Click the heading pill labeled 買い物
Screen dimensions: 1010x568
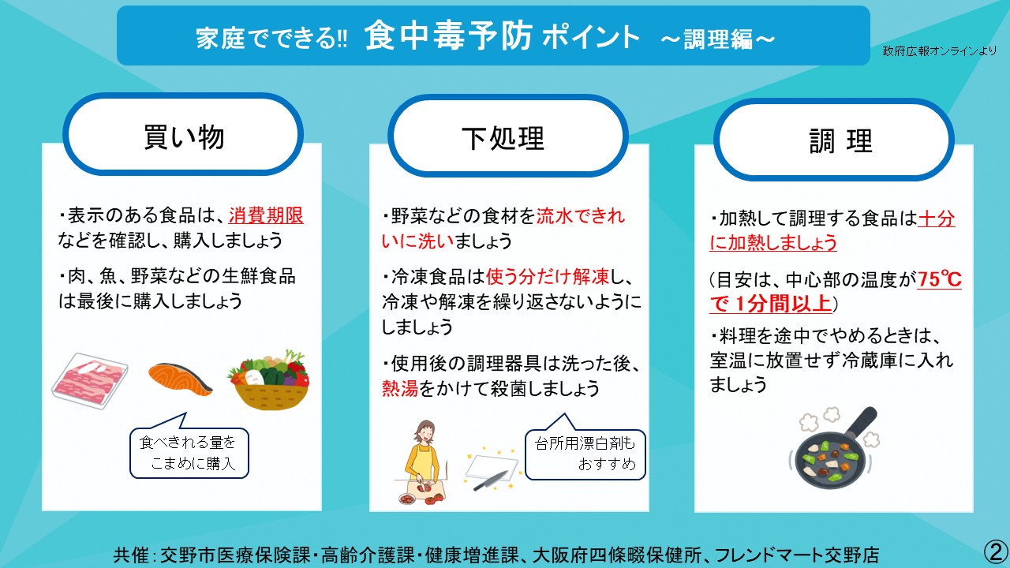pyautogui.click(x=183, y=134)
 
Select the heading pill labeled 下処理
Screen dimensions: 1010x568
pyautogui.click(x=508, y=136)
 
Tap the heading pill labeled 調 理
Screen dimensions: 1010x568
pyautogui.click(x=834, y=140)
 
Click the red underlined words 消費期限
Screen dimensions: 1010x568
pyautogui.click(x=266, y=215)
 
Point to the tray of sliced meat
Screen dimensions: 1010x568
pyautogui.click(x=90, y=381)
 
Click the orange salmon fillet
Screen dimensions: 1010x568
pyautogui.click(x=181, y=379)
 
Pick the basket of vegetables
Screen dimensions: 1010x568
pyautogui.click(x=270, y=379)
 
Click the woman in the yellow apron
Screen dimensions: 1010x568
pyautogui.click(x=422, y=460)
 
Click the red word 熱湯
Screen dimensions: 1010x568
pyautogui.click(x=400, y=388)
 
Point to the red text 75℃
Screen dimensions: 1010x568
pyautogui.click(x=939, y=279)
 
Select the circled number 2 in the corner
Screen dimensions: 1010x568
pyautogui.click(x=996, y=551)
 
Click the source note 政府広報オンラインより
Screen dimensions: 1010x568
pyautogui.click(x=939, y=51)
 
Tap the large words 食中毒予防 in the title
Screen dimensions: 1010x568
pyautogui.click(x=448, y=36)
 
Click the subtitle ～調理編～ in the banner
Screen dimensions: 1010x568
pyautogui.click(x=718, y=39)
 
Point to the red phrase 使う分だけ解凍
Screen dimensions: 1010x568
pyautogui.click(x=548, y=277)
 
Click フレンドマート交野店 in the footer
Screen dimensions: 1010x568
pyautogui.click(x=797, y=555)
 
